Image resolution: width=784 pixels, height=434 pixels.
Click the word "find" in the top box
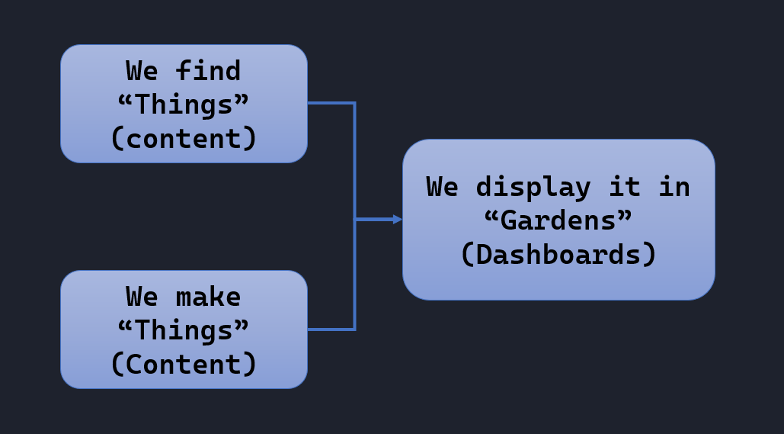pyautogui.click(x=208, y=71)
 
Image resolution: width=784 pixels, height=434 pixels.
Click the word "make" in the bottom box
pyautogui.click(x=208, y=297)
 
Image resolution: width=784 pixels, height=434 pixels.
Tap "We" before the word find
pyautogui.click(x=142, y=71)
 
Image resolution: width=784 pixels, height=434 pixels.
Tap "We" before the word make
pyautogui.click(x=142, y=297)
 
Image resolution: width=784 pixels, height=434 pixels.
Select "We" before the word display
pyautogui.click(x=443, y=187)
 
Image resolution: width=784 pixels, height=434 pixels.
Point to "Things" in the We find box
pyautogui.click(x=184, y=104)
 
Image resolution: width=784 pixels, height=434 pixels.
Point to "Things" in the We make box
pyautogui.click(x=184, y=330)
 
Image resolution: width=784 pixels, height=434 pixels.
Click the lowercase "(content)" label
pyautogui.click(x=184, y=139)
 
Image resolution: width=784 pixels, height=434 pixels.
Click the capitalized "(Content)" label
pyautogui.click(x=184, y=365)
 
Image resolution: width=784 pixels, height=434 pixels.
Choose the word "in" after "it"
pyautogui.click(x=674, y=187)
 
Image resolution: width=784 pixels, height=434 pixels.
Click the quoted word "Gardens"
pyautogui.click(x=558, y=220)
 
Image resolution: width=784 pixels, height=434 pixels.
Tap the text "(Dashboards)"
pyautogui.click(x=558, y=254)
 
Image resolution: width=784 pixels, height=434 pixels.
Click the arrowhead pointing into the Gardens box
pyautogui.click(x=397, y=220)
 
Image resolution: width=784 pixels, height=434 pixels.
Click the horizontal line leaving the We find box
pyautogui.click(x=330, y=103)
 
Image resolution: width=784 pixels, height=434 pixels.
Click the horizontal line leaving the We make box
pyautogui.click(x=330, y=330)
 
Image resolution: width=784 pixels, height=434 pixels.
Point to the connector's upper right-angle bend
pyautogui.click(x=354, y=103)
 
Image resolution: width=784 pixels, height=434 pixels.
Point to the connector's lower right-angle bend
pyautogui.click(x=354, y=330)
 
